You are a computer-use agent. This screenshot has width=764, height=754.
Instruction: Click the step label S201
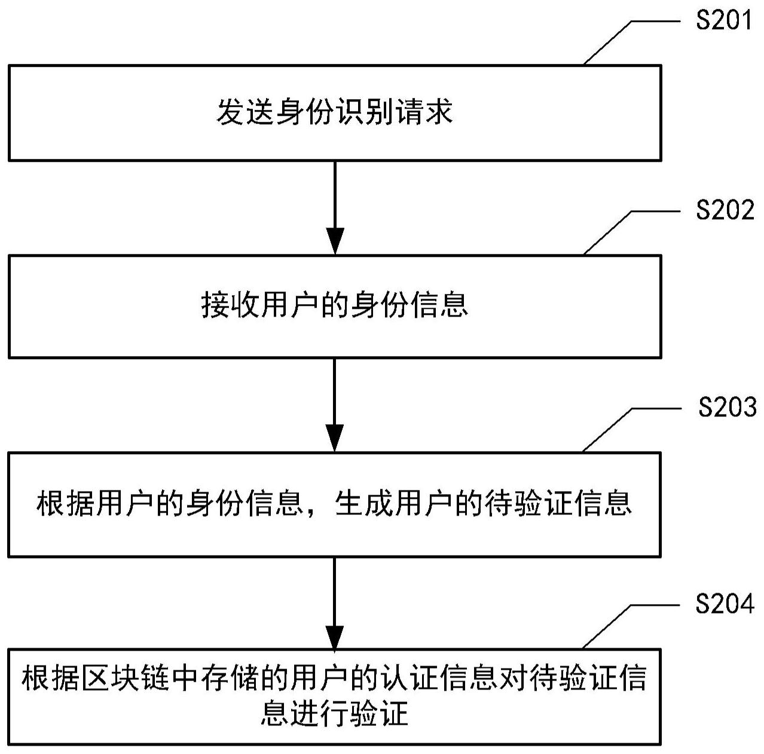pos(724,21)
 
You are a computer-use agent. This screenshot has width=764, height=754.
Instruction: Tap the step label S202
pos(725,210)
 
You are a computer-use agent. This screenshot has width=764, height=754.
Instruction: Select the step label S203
pos(727,407)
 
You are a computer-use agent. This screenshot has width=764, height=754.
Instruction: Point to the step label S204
pos(725,605)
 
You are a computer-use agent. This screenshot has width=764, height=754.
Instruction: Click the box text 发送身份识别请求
pos(334,112)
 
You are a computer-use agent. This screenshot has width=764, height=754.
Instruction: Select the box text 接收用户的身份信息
pos(334,305)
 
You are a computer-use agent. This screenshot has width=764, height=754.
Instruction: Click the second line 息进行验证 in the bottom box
pos(334,713)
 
